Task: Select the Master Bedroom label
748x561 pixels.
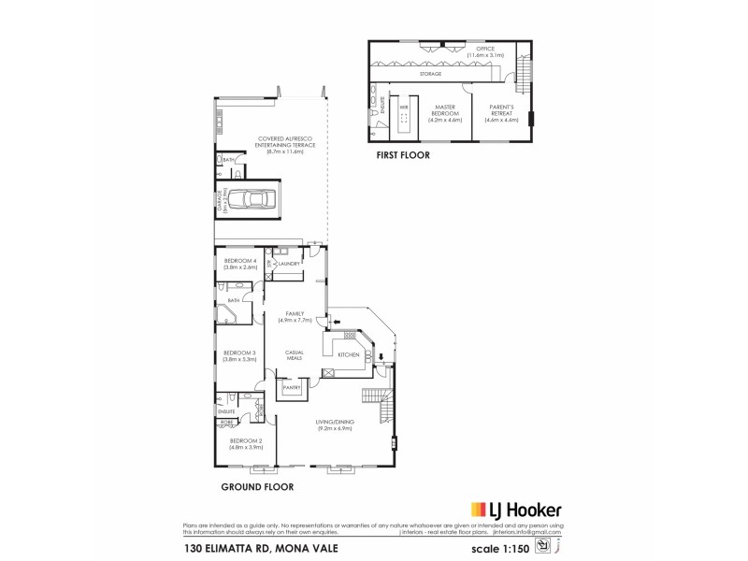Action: coord(446,112)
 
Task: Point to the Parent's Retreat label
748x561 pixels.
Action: coord(501,112)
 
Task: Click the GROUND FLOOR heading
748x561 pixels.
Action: coord(257,487)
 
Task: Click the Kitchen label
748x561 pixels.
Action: coord(348,355)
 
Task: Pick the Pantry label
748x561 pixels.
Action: coord(291,386)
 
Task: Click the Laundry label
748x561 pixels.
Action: coord(287,265)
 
